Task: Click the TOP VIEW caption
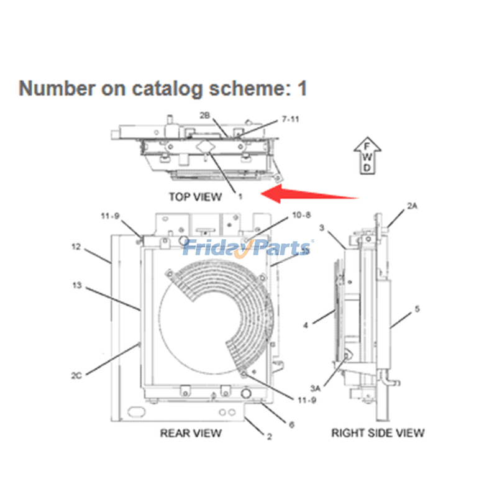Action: coord(195,196)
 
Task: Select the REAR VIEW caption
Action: coord(190,433)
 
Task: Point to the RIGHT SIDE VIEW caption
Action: coord(378,433)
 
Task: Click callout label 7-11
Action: coord(290,119)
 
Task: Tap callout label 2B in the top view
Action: coord(206,116)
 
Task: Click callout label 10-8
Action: coord(301,215)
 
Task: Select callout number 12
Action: coord(76,246)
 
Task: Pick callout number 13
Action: coord(77,286)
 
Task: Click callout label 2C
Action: coord(76,375)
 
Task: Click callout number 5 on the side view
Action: coord(417,308)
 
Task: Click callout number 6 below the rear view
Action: coord(291,425)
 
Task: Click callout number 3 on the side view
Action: coord(321,229)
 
